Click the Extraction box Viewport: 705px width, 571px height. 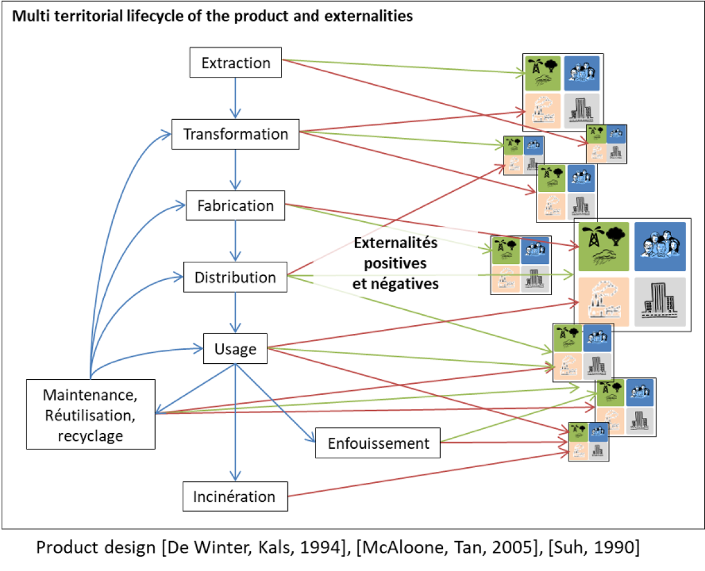(x=236, y=62)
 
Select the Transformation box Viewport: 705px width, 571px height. (x=236, y=134)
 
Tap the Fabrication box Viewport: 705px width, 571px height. (x=236, y=205)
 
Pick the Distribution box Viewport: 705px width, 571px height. (x=236, y=277)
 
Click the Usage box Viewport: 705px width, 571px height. (x=236, y=349)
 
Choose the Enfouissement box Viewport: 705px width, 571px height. (x=378, y=443)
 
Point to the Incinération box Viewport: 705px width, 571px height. (x=236, y=496)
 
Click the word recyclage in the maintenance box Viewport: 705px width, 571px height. (x=90, y=436)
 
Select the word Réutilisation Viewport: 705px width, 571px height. (x=90, y=415)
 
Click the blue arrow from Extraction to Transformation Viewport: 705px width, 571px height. (x=236, y=98)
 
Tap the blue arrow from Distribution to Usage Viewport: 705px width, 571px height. (x=236, y=312)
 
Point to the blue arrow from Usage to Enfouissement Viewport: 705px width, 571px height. (x=276, y=403)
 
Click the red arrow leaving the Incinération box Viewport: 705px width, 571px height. (x=429, y=474)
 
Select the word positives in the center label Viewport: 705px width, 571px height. (x=395, y=263)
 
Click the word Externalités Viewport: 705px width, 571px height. (x=395, y=243)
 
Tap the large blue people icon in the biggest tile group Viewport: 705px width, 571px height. (x=660, y=246)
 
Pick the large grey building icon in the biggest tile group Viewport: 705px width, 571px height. (x=660, y=302)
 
